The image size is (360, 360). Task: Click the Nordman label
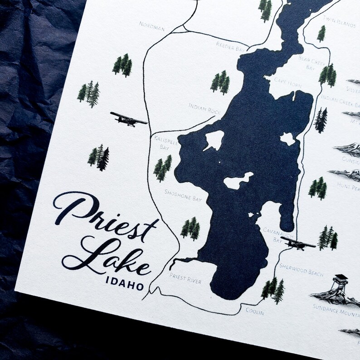tap(151, 25)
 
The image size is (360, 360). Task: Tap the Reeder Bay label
tap(231, 44)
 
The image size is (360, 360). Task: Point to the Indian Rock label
tap(204, 108)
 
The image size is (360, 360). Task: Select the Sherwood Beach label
tap(301, 271)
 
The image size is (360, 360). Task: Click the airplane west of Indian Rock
tap(128, 119)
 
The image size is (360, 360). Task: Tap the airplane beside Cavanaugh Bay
tap(297, 243)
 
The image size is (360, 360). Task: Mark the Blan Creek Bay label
tap(310, 63)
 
